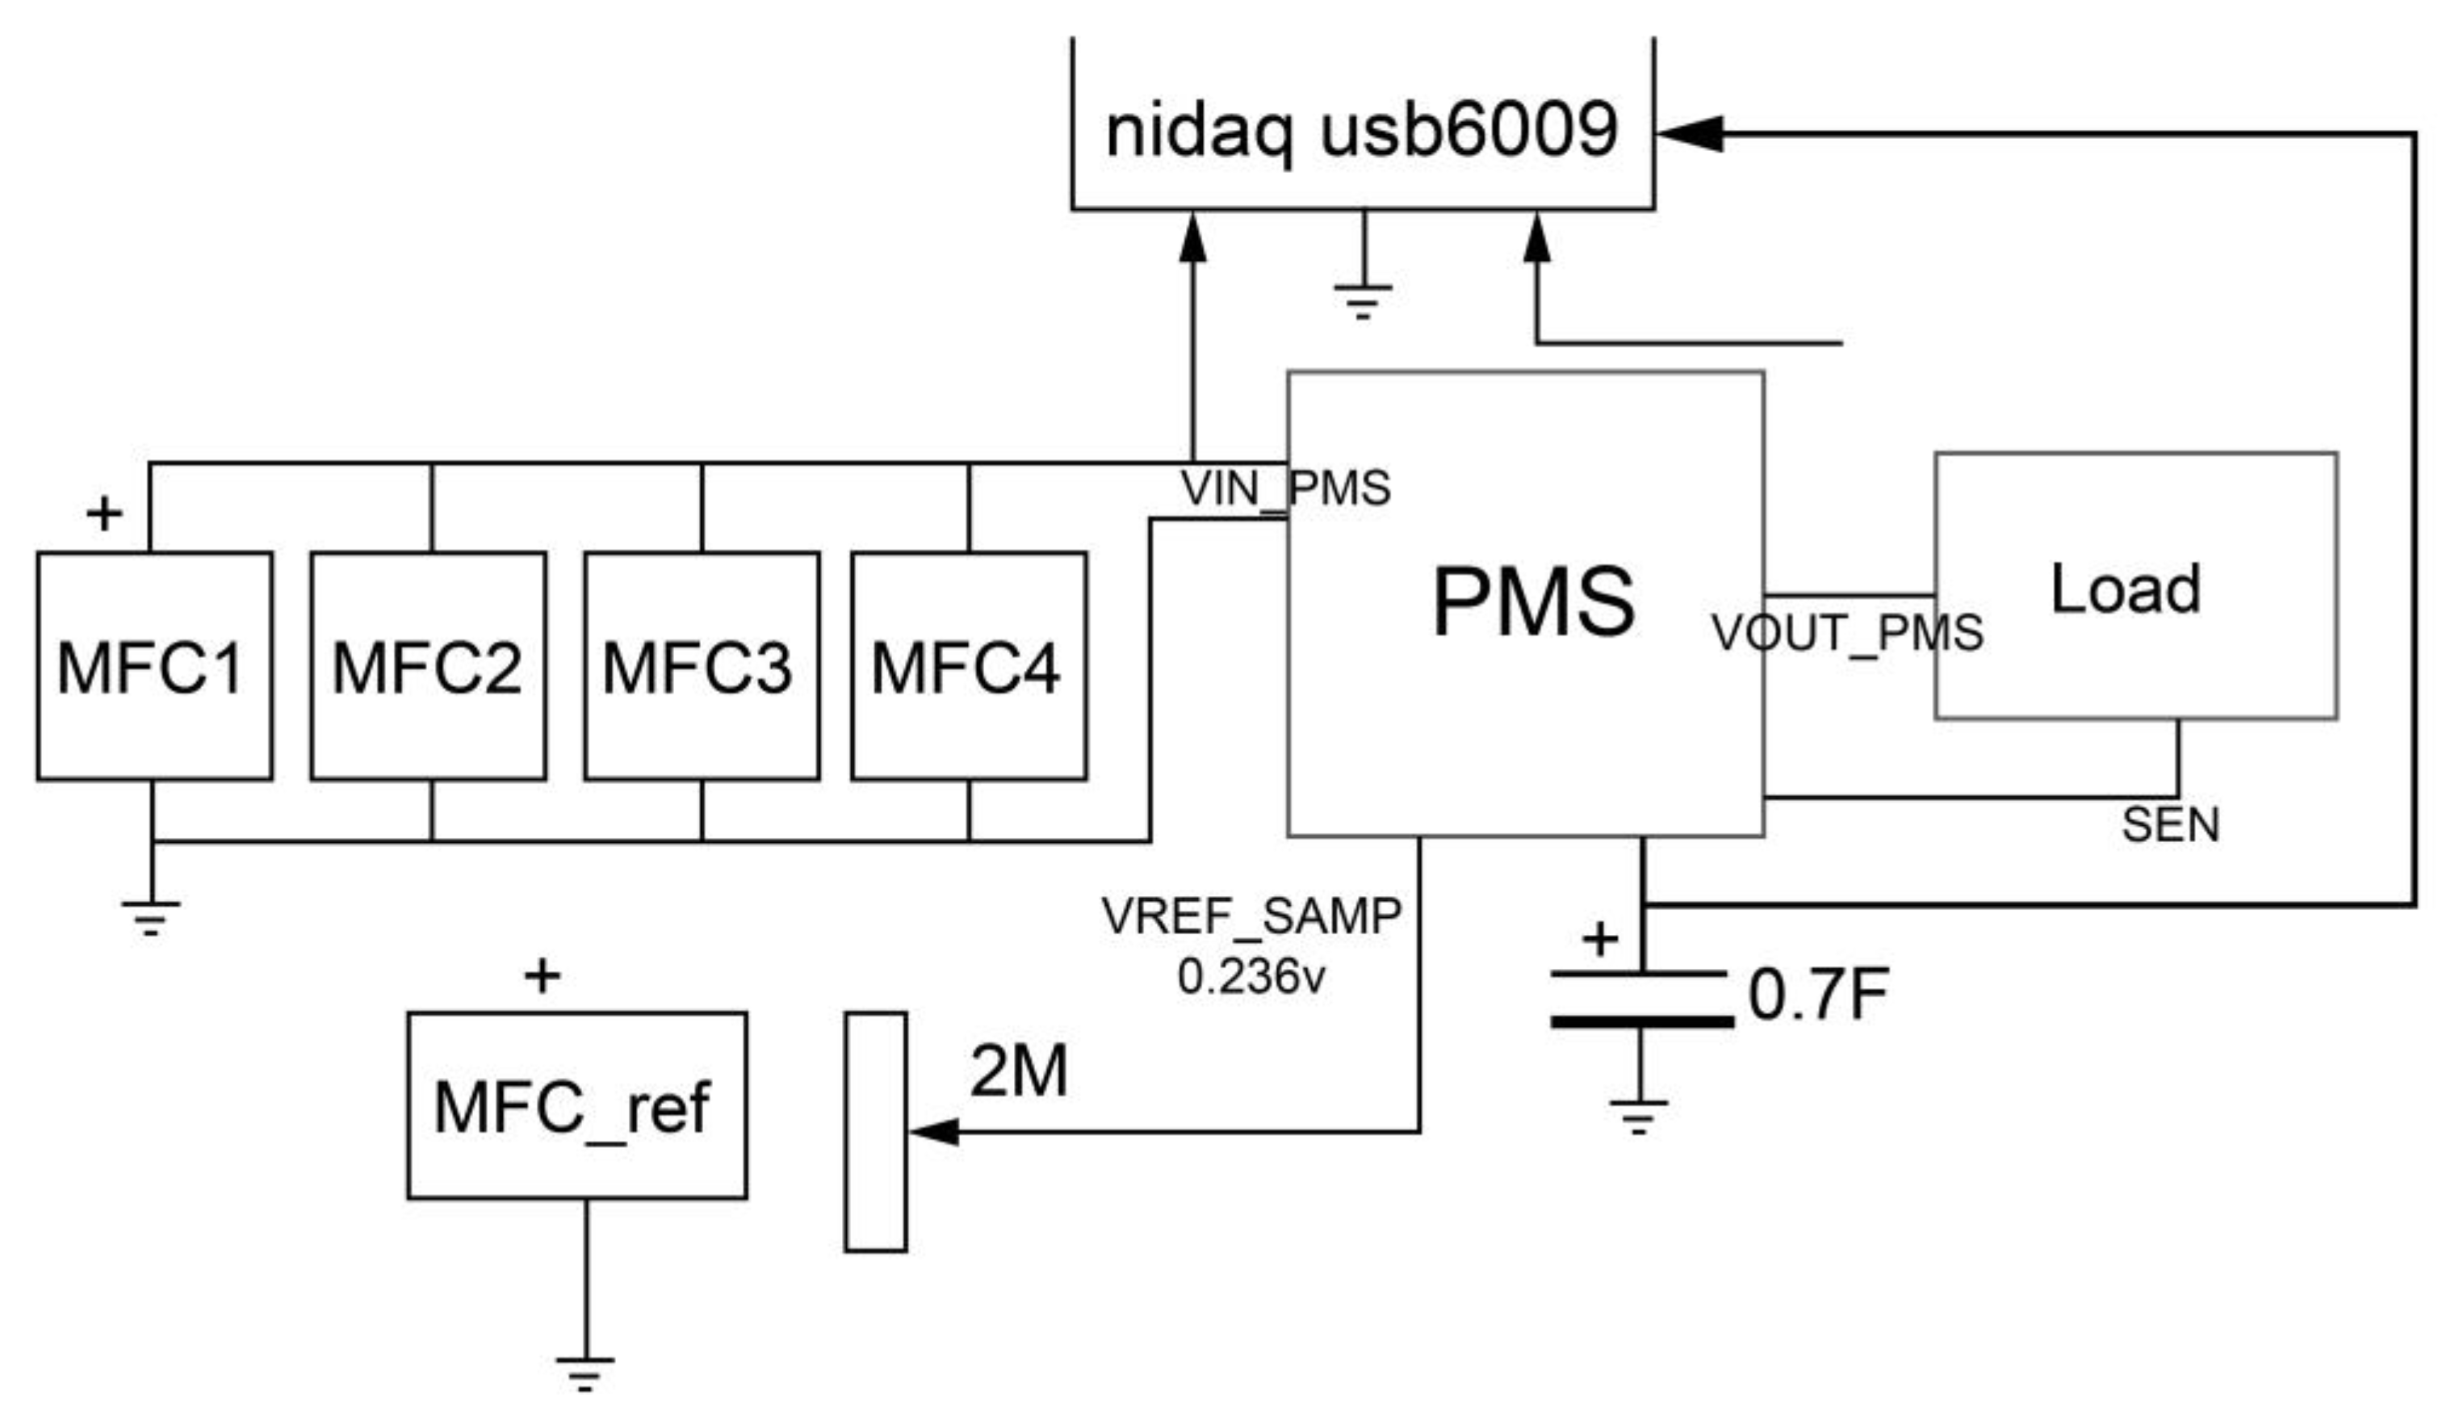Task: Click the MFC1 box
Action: tap(153, 666)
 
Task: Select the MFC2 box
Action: tap(428, 666)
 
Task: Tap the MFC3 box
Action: tap(702, 666)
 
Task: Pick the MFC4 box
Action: tap(969, 666)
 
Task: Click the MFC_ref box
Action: tap(576, 1106)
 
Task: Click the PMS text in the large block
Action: tap(1533, 603)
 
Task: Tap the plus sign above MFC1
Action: tap(104, 513)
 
